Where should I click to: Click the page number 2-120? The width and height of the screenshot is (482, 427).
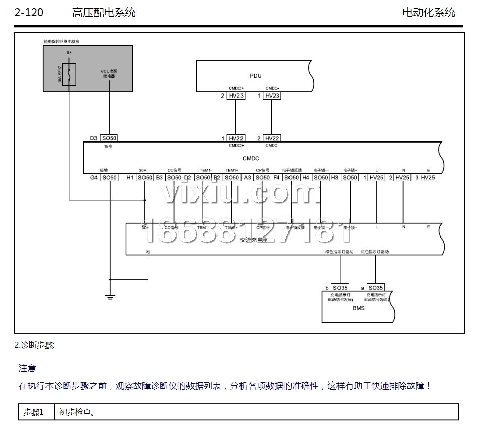[x=29, y=13]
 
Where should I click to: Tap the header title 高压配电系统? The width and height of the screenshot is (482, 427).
[x=104, y=13]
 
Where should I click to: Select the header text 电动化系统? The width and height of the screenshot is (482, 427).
[x=428, y=13]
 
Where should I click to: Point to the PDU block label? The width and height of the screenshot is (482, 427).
[x=256, y=76]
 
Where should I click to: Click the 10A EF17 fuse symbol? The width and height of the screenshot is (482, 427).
[x=69, y=74]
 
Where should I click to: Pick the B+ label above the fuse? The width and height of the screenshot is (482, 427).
[x=69, y=53]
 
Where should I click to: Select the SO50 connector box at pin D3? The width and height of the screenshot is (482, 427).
[x=109, y=138]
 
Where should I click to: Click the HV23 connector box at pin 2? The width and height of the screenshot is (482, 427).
[x=236, y=95]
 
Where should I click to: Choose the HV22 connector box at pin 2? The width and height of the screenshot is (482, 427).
[x=272, y=138]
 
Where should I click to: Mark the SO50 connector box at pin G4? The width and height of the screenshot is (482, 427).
[x=109, y=178]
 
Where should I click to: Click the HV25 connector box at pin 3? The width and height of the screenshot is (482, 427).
[x=428, y=178]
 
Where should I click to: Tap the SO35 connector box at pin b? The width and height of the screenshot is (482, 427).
[x=340, y=287]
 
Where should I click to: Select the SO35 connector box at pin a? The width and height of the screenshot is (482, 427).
[x=376, y=287]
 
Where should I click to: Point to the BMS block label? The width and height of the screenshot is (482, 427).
[x=358, y=308]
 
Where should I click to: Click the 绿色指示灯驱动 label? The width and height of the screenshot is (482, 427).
[x=340, y=252]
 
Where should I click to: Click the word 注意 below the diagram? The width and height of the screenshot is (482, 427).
[x=27, y=368]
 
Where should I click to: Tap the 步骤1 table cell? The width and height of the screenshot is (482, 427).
[x=34, y=412]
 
